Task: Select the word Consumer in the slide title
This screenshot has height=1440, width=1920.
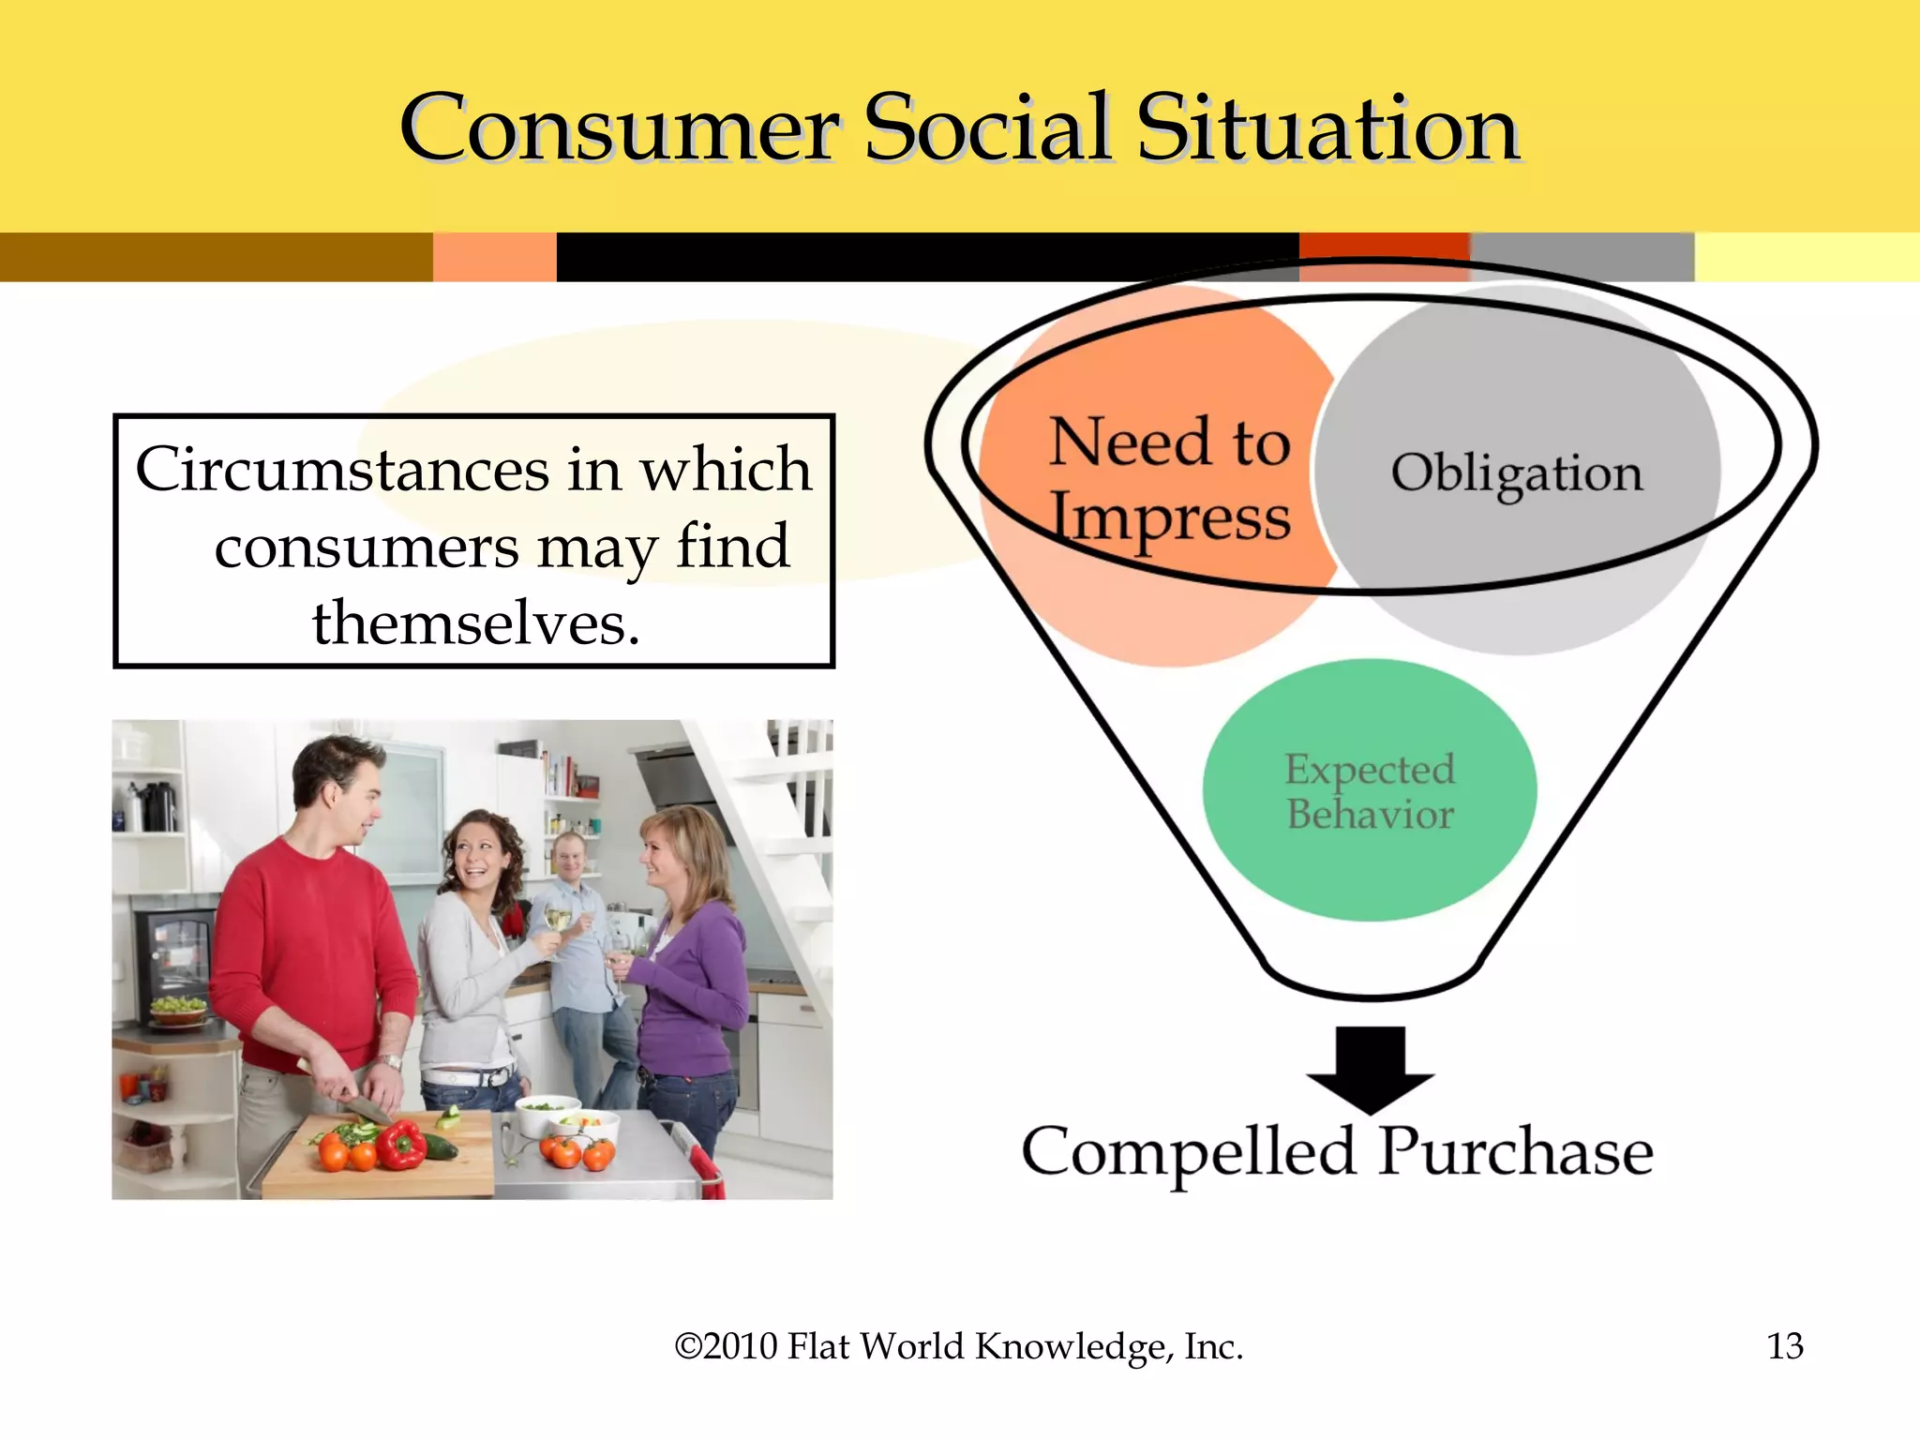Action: (619, 129)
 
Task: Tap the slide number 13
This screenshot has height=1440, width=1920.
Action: (1784, 1346)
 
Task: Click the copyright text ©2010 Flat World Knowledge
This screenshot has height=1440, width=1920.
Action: (958, 1346)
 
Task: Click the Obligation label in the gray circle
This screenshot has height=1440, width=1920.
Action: (1516, 473)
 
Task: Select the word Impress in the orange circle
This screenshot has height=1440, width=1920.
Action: (1169, 518)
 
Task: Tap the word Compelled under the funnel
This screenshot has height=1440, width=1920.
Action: (1188, 1151)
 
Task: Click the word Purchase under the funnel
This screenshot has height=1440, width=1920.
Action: (1515, 1151)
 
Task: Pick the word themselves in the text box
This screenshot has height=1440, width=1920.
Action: (476, 623)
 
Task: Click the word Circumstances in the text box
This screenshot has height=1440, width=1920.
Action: (342, 469)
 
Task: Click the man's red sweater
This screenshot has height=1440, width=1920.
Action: (309, 947)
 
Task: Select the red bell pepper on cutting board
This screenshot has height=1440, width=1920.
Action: (401, 1146)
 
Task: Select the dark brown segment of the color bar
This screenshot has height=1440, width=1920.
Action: (216, 257)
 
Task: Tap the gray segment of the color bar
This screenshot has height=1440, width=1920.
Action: (1582, 257)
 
